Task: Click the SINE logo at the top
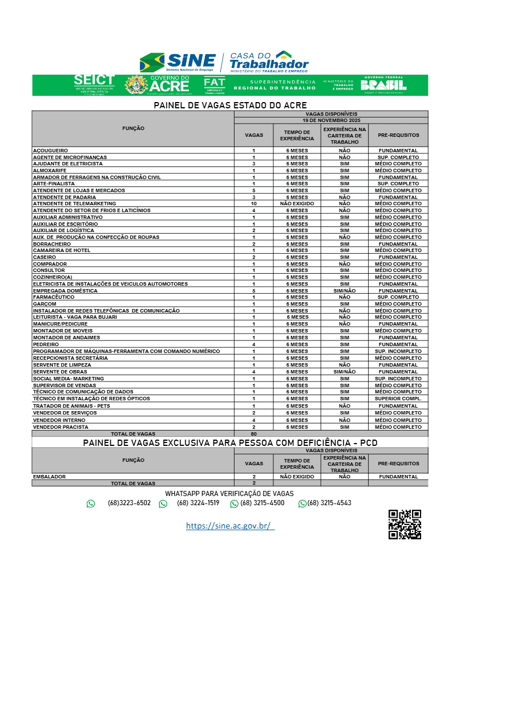coord(178,62)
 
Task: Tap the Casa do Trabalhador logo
coord(268,62)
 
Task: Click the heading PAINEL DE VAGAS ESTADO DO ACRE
coord(230,105)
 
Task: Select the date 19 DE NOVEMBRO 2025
coord(331,120)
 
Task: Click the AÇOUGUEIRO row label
coord(51,151)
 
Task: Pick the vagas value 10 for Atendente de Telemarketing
coord(254,204)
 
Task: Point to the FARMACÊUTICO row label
coord(54,297)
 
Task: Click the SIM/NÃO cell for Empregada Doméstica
coord(344,291)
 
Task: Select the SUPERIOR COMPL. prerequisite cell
coord(398,399)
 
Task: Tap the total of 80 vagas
coord(254,434)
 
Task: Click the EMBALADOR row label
coord(49,477)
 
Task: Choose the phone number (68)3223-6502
coord(129,503)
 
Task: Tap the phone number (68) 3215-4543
coord(329,503)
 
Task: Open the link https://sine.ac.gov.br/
coord(229,526)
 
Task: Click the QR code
coord(405,525)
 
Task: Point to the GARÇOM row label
coord(45,304)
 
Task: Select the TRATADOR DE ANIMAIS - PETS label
coord(71,406)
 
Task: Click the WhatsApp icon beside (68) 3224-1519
coord(163,503)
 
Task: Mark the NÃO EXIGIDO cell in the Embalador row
coord(297,477)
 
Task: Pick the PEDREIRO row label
coord(46,344)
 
